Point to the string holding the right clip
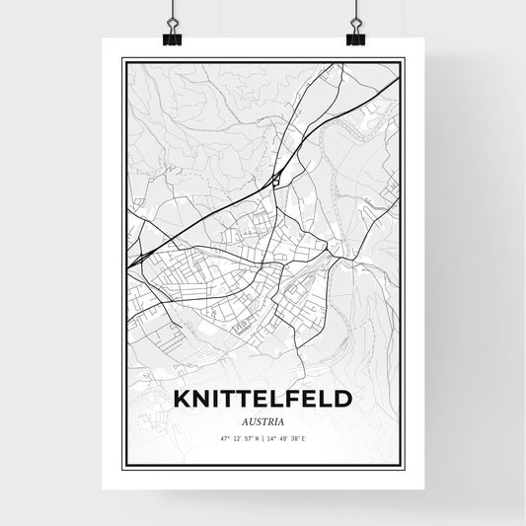point(354,12)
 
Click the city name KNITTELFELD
point(262,399)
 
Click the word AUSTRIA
point(263,419)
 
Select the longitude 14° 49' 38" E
point(294,438)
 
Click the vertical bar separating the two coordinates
point(263,438)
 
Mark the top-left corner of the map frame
point(122,60)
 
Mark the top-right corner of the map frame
point(403,60)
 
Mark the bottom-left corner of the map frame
point(122,467)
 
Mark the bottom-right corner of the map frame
point(403,467)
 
